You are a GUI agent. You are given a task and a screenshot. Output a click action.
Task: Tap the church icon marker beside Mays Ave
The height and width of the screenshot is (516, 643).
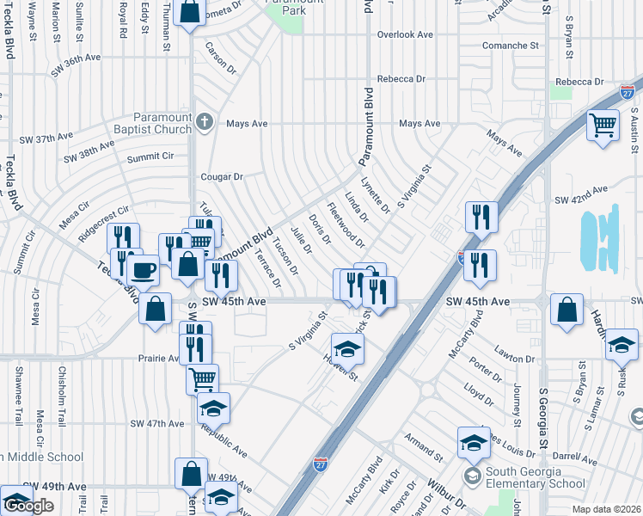[x=205, y=120]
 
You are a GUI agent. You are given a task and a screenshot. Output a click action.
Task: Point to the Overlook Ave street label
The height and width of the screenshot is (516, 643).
[x=404, y=34]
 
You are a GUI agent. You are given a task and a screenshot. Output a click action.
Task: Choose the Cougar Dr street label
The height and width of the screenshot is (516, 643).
[x=224, y=176]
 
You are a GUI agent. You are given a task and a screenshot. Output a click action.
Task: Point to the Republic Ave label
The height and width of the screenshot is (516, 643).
[x=224, y=439]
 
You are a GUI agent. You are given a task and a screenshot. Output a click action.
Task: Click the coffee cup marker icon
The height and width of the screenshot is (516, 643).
[x=144, y=270]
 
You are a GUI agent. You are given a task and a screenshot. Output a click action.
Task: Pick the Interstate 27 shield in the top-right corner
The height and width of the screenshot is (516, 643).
[x=627, y=91]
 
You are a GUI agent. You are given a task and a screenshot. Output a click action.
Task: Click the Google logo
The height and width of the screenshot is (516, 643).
[x=28, y=506]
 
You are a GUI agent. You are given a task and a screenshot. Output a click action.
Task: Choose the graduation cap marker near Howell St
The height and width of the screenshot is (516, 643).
[x=347, y=348]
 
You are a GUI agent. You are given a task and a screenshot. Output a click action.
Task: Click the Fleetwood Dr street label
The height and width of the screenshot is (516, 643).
[x=346, y=224]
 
